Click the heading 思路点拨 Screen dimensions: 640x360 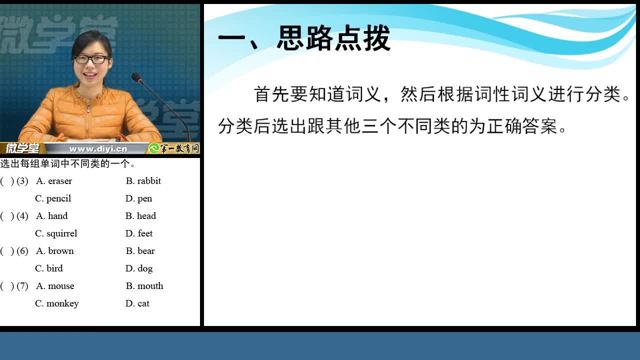pos(333,38)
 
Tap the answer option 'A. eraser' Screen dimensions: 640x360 pos(54,181)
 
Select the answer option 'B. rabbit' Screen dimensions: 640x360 pos(143,181)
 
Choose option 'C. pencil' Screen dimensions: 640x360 pos(53,198)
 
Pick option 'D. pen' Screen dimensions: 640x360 pos(138,198)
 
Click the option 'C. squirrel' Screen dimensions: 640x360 pos(56,233)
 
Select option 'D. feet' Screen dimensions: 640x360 pos(139,233)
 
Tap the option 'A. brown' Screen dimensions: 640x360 pos(55,251)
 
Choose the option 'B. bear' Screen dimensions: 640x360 pos(140,251)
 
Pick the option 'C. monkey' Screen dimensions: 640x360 pos(57,303)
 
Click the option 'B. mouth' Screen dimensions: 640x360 pos(144,285)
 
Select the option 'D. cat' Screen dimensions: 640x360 pos(137,303)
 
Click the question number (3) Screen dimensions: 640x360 pos(22,181)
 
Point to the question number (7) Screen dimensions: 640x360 pos(22,285)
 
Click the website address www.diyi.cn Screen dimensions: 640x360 pos(98,149)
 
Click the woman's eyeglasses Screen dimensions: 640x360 pos(91,59)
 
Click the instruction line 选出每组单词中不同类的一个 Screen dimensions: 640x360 pos(67,163)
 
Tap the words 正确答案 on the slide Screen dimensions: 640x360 pos(522,126)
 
